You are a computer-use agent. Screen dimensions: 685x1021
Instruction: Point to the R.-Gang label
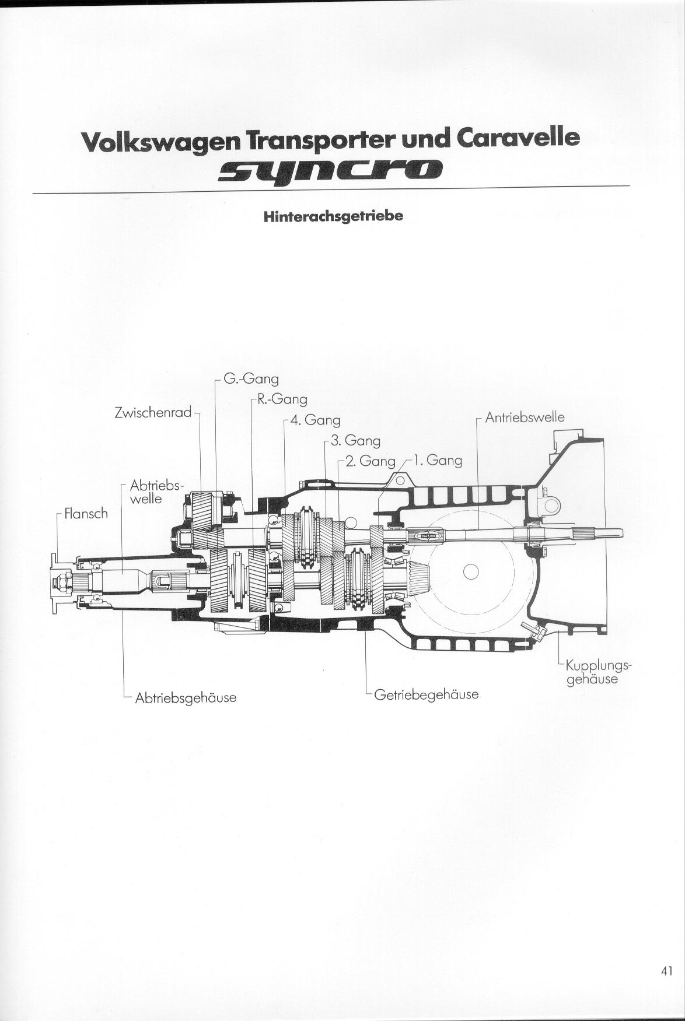[282, 400]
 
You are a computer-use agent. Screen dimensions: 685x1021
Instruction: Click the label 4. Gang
[314, 420]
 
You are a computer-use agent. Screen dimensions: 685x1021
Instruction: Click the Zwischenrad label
[153, 413]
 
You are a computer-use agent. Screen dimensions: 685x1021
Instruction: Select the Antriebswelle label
[525, 417]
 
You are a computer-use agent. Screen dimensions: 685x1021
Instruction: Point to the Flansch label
[86, 514]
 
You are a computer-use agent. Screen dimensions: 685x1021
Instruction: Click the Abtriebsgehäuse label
[186, 697]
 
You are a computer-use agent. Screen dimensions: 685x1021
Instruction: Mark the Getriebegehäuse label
[427, 694]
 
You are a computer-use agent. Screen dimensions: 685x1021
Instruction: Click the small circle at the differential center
[471, 573]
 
